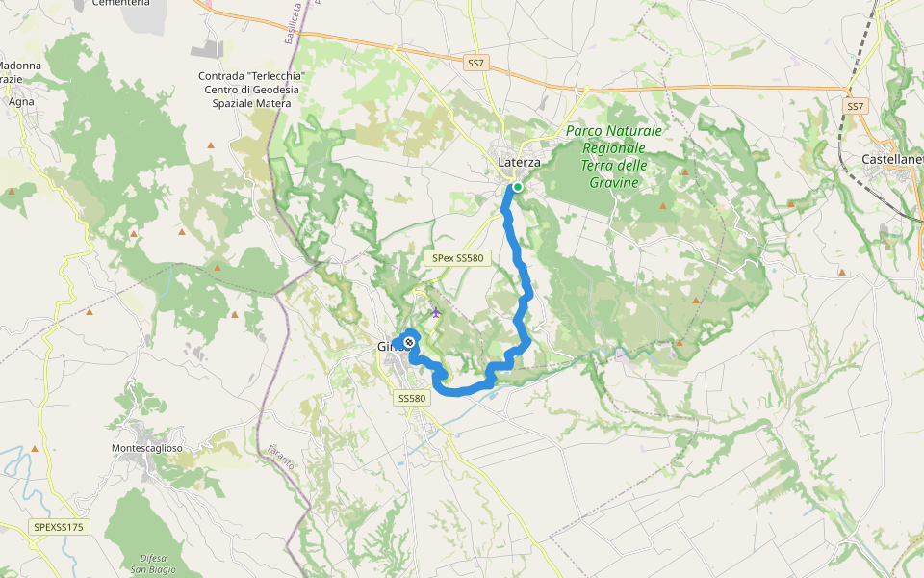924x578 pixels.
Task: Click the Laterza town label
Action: [518, 162]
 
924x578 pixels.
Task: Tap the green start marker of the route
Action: [517, 187]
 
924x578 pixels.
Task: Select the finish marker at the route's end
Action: [409, 342]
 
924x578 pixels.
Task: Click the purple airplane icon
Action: [436, 311]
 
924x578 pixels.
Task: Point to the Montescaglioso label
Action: [147, 448]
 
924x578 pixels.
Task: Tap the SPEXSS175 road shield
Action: [59, 527]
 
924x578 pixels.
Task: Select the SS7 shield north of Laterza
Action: [475, 64]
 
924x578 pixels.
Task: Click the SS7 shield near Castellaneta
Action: [855, 105]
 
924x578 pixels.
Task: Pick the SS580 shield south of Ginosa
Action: [411, 398]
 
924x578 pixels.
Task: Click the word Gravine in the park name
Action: [614, 182]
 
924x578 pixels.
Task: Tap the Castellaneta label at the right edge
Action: [892, 158]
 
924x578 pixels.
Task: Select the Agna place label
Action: [20, 100]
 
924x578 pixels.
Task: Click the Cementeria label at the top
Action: [120, 3]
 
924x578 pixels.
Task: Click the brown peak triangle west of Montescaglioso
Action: [35, 449]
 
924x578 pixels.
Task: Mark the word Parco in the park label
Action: [587, 130]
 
